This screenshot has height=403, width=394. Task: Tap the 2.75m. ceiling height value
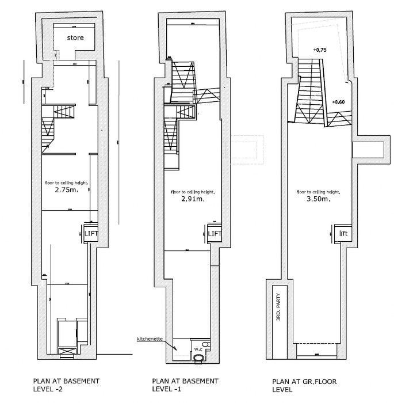(x=66, y=189)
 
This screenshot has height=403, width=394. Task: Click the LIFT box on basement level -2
(x=91, y=233)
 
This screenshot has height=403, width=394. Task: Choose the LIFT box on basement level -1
(x=214, y=233)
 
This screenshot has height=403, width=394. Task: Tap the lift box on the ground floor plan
(x=343, y=233)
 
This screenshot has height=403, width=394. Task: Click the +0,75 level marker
(x=320, y=51)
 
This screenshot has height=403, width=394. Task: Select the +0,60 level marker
(x=338, y=102)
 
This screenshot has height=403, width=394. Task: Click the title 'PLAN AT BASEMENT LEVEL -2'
(x=66, y=385)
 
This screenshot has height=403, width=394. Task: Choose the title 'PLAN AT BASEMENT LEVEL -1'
(x=185, y=385)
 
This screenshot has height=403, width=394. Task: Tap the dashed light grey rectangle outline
(x=245, y=148)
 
